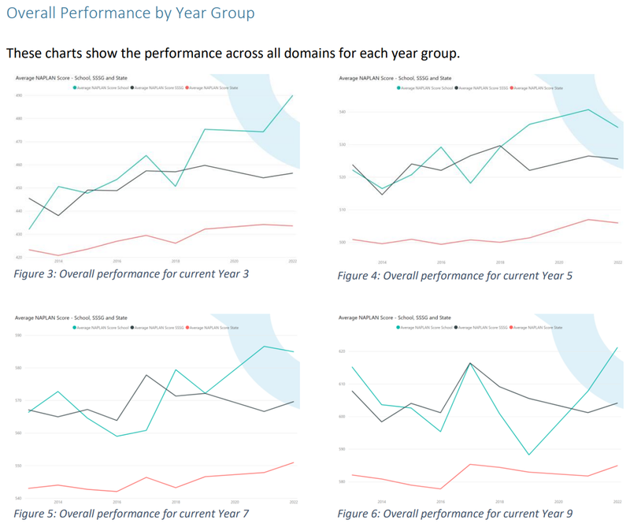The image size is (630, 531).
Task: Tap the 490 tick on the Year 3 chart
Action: (18, 95)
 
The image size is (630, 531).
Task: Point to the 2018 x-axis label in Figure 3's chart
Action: (176, 261)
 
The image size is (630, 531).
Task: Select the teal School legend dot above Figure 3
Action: (75, 88)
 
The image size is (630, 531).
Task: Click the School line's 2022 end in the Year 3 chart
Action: (293, 96)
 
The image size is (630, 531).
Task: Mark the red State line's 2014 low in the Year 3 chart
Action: (58, 255)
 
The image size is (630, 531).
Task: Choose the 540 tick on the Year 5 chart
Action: (343, 112)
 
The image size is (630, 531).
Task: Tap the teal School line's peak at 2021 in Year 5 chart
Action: (588, 110)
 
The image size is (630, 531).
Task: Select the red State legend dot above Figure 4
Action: (513, 88)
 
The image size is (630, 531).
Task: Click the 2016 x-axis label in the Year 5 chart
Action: (441, 261)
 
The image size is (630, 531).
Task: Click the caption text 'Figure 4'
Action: (361, 276)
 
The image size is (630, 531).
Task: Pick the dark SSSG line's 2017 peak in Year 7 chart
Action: (146, 375)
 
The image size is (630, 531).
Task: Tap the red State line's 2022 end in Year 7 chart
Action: (293, 462)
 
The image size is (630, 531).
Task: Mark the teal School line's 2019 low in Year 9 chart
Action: (529, 455)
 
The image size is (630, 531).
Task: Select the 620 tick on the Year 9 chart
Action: (343, 351)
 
